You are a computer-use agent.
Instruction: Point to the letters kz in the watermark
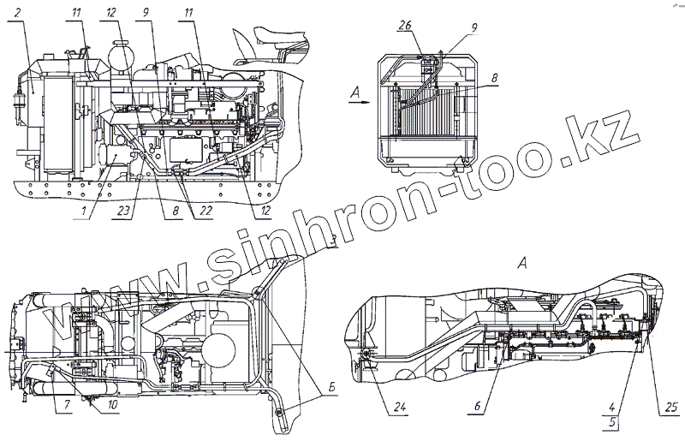(612, 134)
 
